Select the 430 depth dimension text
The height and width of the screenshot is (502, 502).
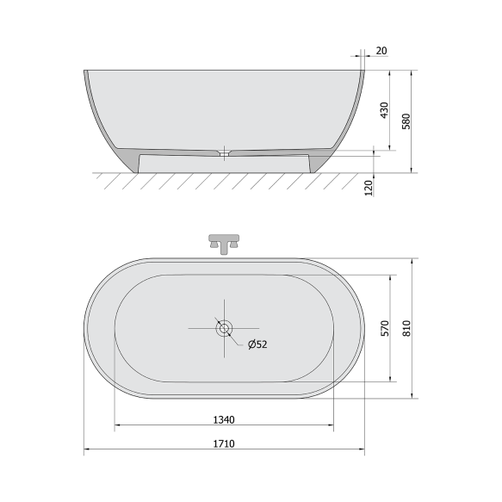pyautogui.click(x=385, y=110)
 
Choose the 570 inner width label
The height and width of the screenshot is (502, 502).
pyautogui.click(x=385, y=328)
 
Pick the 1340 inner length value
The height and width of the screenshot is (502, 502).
pyautogui.click(x=224, y=420)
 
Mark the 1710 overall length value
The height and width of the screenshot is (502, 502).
pyautogui.click(x=224, y=444)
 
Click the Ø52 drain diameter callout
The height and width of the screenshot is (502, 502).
pyautogui.click(x=257, y=345)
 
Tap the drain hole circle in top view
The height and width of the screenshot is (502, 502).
pyautogui.click(x=224, y=328)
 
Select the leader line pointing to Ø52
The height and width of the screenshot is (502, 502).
pyautogui.click(x=236, y=339)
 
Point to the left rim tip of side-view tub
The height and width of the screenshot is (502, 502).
pyautogui.click(x=85, y=71)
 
